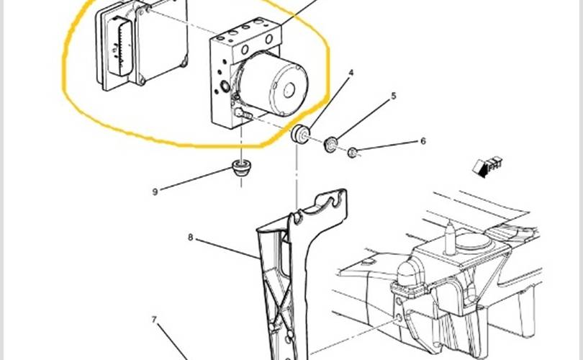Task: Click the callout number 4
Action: (351, 73)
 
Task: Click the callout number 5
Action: (394, 96)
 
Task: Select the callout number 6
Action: (422, 141)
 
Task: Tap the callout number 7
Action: (154, 320)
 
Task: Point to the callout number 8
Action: (190, 237)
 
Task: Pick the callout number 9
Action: (155, 192)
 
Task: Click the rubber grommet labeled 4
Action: (299, 134)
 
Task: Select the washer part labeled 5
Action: (330, 144)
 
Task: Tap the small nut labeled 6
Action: (352, 152)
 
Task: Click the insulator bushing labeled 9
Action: (241, 168)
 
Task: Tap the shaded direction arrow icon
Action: (487, 166)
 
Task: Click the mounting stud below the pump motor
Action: (243, 113)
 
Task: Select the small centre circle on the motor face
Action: (289, 89)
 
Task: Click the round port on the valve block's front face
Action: (225, 86)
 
